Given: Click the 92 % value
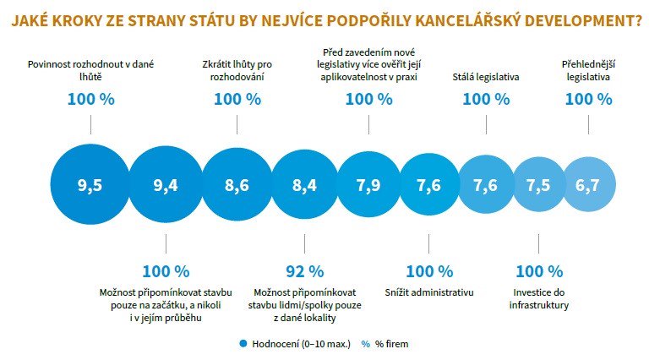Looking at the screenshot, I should tap(304, 271).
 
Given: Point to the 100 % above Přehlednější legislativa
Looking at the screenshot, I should tap(588, 99).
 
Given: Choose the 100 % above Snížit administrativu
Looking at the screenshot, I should tap(429, 271).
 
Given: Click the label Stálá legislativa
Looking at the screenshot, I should tap(486, 77).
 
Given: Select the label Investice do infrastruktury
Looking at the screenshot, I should tap(538, 297).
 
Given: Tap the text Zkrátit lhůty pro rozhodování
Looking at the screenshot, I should tap(237, 70).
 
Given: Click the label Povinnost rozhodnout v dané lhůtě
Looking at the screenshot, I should tap(90, 70).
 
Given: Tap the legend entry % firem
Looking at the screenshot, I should tap(387, 344).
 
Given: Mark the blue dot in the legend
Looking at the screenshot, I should tap(243, 344).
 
